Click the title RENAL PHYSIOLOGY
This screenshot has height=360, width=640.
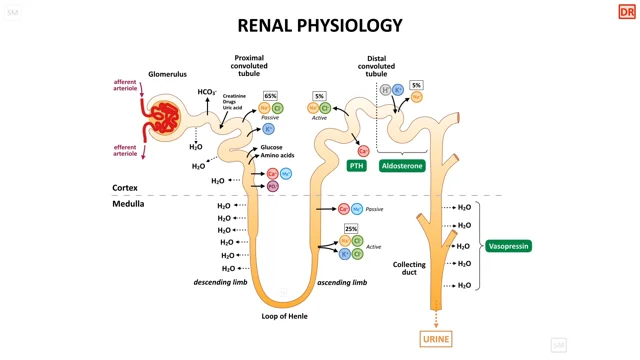click(320, 25)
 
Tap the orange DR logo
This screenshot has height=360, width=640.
click(626, 12)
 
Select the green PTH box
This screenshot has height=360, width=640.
click(357, 166)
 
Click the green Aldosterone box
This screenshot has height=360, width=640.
click(402, 166)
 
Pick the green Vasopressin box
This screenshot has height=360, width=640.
click(509, 246)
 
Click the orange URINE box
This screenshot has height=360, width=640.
click(436, 339)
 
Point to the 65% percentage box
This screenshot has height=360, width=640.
click(270, 96)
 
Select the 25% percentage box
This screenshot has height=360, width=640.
click(351, 229)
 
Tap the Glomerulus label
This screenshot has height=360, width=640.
click(168, 74)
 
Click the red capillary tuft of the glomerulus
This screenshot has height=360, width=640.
click(164, 117)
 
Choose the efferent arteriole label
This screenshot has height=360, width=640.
click(125, 150)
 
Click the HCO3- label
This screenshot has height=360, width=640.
click(207, 92)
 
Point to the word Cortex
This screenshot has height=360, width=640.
click(125, 188)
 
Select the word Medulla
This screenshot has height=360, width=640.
click(128, 204)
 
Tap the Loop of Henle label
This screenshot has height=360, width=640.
click(284, 316)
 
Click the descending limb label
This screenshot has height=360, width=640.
click(220, 282)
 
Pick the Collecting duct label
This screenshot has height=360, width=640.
click(409, 268)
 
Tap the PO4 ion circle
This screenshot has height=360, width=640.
click(272, 186)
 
